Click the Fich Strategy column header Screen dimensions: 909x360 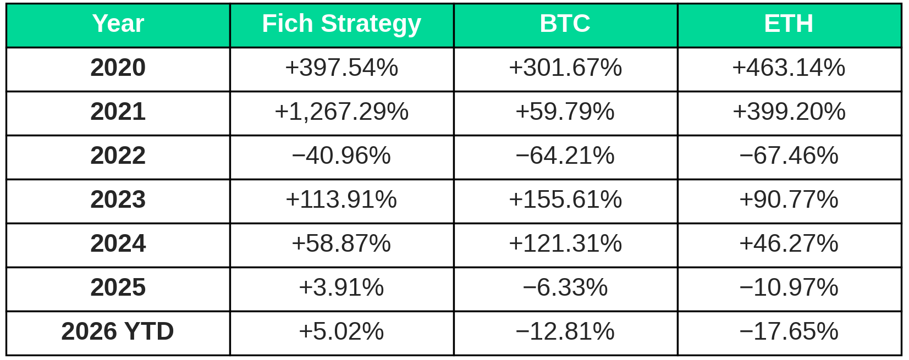click(x=341, y=24)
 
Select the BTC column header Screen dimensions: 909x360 click(x=565, y=24)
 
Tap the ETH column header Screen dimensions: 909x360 click(x=789, y=24)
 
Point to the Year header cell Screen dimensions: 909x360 click(x=118, y=24)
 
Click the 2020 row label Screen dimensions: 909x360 click(x=118, y=67)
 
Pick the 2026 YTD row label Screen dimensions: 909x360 click(x=118, y=331)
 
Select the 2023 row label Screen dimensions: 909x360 click(x=118, y=200)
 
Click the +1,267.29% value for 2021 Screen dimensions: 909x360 click(x=341, y=112)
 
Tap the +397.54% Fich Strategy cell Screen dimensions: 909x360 click(x=341, y=67)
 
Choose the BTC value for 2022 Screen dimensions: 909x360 click(x=565, y=156)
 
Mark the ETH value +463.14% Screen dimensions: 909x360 click(x=789, y=67)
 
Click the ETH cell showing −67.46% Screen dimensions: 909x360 click(x=789, y=156)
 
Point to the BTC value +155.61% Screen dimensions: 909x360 click(x=565, y=200)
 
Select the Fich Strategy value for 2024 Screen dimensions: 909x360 click(x=341, y=243)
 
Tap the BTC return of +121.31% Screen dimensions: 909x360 click(x=565, y=243)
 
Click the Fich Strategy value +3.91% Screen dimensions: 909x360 click(x=341, y=287)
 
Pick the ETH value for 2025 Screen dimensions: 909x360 click(x=789, y=287)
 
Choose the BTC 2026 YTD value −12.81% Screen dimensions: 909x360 click(x=565, y=331)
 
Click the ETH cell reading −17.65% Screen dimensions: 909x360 click(x=789, y=331)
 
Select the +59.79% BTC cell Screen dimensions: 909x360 click(x=565, y=112)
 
